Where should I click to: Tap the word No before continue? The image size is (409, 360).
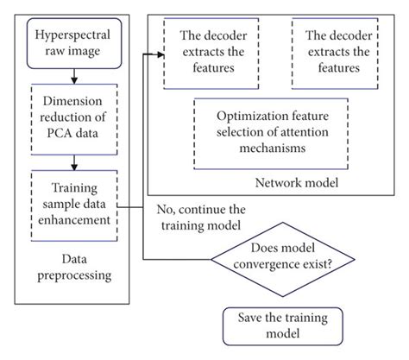point(167,208)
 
